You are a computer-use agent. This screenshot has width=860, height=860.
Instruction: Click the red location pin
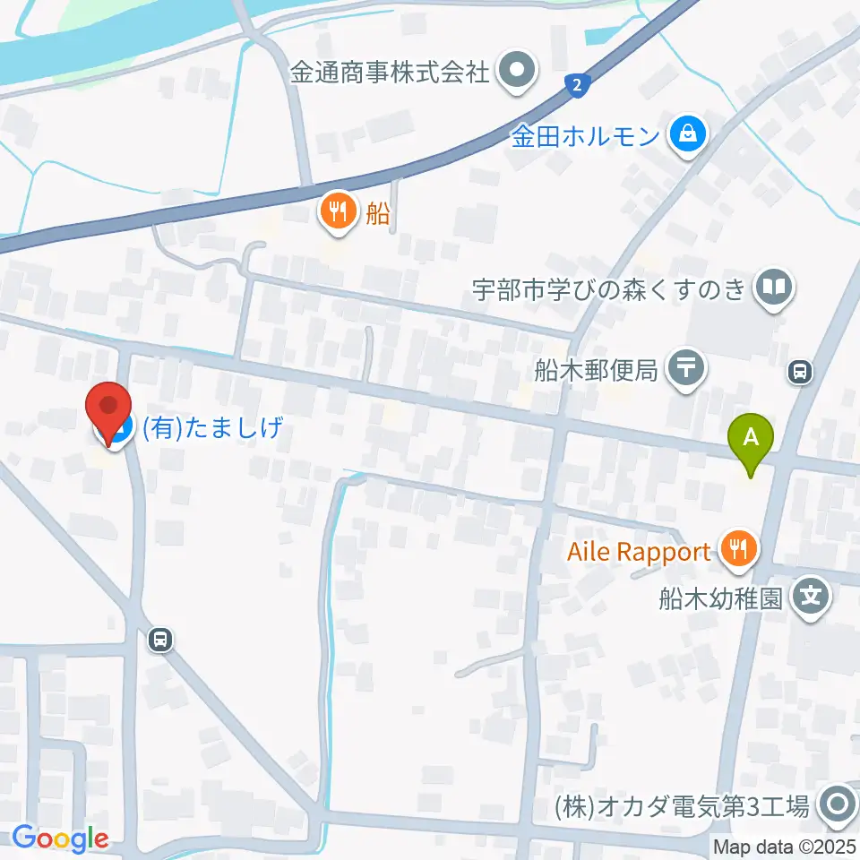pyautogui.click(x=108, y=409)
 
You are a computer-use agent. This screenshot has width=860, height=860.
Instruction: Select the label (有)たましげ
pyautogui.click(x=213, y=427)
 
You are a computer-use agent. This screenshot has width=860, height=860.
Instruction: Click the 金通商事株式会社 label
pyautogui.click(x=390, y=71)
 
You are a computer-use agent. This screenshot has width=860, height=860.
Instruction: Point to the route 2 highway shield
pyautogui.click(x=578, y=86)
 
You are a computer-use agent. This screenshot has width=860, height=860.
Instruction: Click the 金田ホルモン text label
pyautogui.click(x=586, y=136)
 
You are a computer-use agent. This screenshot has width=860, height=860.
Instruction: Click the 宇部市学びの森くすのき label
pyautogui.click(x=610, y=288)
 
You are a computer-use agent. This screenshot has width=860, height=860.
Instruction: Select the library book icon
pyautogui.click(x=773, y=288)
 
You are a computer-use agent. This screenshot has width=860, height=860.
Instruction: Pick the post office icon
pyautogui.click(x=688, y=367)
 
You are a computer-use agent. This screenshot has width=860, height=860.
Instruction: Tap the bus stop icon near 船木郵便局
pyautogui.click(x=800, y=370)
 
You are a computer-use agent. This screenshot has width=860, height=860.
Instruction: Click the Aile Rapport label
pyautogui.click(x=639, y=552)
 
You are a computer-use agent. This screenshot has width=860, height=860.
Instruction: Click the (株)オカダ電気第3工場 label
pyautogui.click(x=682, y=806)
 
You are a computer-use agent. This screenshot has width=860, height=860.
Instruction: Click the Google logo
pyautogui.click(x=60, y=838)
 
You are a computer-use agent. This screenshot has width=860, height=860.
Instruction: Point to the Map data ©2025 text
pyautogui.click(x=785, y=847)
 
